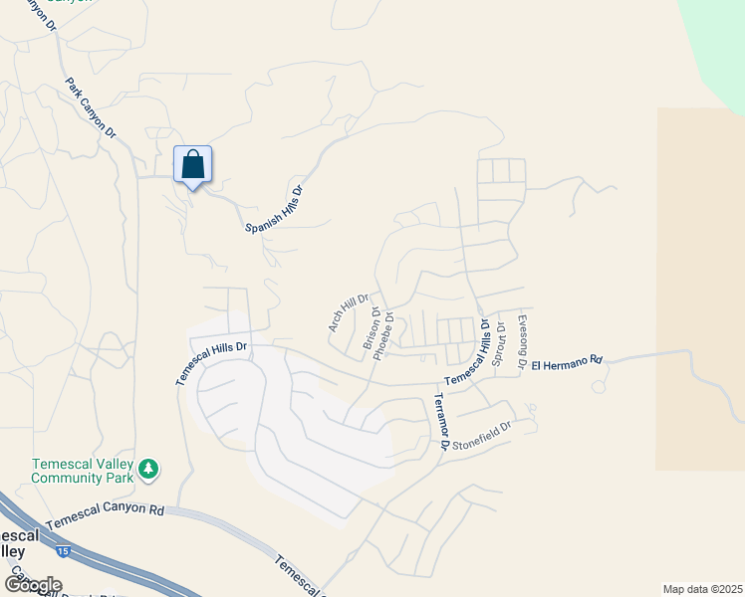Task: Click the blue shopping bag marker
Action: coord(192,165)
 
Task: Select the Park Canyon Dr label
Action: coord(92,108)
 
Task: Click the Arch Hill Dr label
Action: coord(348,312)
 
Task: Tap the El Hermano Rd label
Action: coord(567,362)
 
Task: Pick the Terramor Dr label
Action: coord(438,420)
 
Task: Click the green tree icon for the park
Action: coord(148,468)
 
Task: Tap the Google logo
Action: coord(33,584)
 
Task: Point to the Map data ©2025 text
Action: coord(702,589)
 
